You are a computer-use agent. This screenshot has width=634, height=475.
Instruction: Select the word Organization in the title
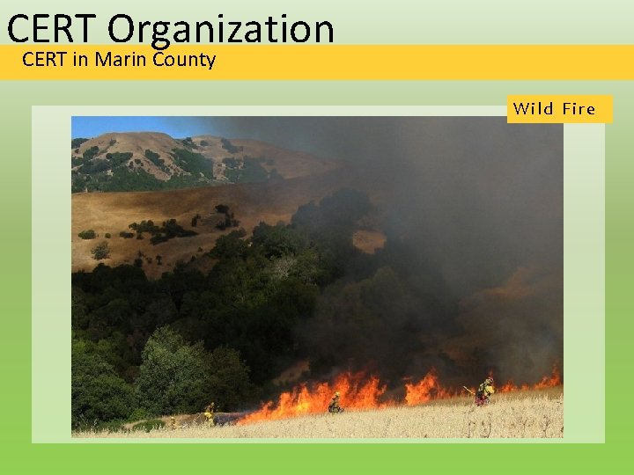[223, 30]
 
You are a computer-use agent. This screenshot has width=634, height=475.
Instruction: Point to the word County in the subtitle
[184, 60]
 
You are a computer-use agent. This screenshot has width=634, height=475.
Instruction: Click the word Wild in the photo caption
[534, 109]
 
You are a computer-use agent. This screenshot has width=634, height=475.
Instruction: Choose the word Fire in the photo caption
[579, 109]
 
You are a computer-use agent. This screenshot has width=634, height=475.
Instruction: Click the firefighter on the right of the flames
[483, 390]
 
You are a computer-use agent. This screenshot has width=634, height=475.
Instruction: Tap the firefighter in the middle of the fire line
[335, 404]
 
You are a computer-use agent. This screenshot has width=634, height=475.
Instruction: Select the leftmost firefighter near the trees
[210, 413]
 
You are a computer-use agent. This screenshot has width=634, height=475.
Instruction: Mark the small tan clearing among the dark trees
[369, 240]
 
